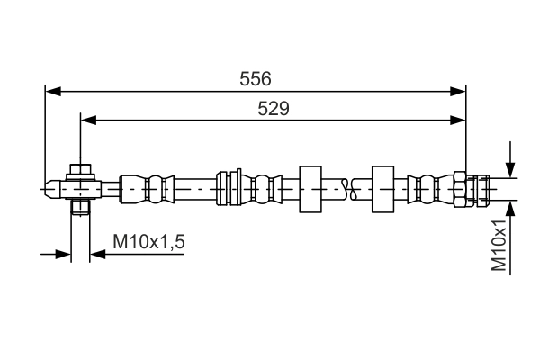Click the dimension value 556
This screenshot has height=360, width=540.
click(256, 79)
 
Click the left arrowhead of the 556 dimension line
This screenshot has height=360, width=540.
click(52, 91)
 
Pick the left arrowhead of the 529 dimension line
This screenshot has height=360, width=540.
click(87, 119)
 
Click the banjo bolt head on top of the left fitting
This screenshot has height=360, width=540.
click(81, 169)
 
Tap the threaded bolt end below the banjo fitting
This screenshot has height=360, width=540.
click(80, 208)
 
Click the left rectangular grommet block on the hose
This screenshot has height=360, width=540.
click(310, 189)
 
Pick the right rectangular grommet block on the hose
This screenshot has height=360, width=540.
click(384, 189)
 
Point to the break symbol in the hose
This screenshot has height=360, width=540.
click(349, 189)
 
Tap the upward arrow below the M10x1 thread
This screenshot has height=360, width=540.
click(510, 210)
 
